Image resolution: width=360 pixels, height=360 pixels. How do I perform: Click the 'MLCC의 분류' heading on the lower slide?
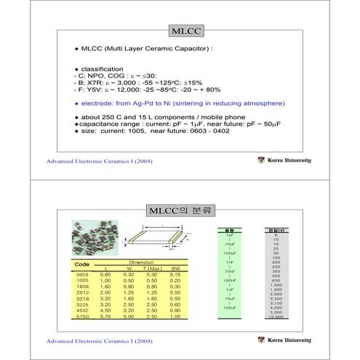coord(179,211)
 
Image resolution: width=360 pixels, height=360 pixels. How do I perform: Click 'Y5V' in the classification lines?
coord(92,90)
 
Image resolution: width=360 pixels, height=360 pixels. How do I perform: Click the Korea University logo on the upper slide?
coord(284,160)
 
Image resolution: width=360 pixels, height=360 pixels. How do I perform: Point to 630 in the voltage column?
coord(276,281)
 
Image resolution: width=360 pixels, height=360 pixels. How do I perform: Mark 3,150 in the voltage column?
coord(276,303)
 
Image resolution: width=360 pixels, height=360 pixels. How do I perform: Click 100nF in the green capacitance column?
coord(229,280)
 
